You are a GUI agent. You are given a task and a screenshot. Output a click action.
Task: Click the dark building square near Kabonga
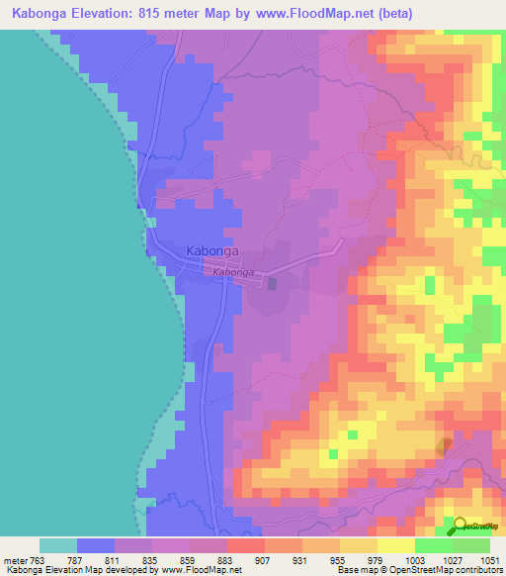tap(273, 283)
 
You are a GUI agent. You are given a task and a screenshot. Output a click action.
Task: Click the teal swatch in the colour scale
tap(58, 545)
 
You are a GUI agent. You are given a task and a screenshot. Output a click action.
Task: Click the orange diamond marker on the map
tap(445, 447)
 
